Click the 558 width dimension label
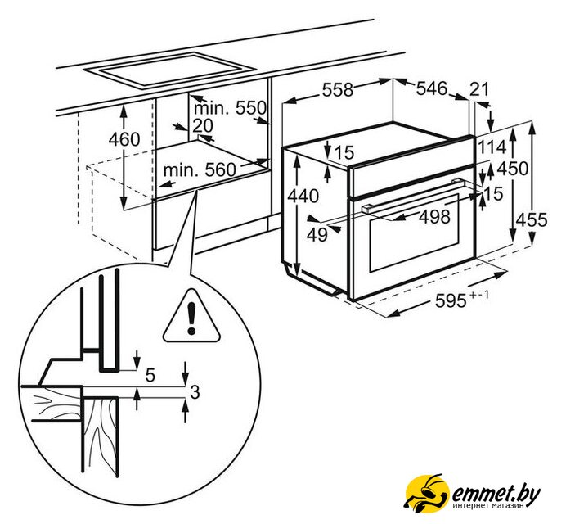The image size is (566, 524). tap(336, 90)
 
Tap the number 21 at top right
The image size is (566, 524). tap(479, 88)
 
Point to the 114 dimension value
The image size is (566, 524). tap(492, 148)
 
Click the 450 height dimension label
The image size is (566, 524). tap(513, 169)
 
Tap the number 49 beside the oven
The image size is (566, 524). tap(317, 235)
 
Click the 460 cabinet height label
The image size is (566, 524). tap(124, 139)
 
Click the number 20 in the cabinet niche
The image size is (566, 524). tap(202, 125)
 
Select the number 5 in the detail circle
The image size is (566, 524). tap(150, 377)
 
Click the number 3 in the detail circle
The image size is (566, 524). tap(194, 392)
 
